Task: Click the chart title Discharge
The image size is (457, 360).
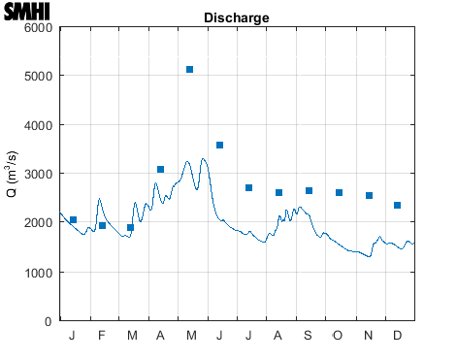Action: [237, 18]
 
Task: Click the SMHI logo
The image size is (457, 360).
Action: [27, 13]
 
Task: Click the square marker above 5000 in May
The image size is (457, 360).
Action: [190, 70]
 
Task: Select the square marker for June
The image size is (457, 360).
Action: [220, 146]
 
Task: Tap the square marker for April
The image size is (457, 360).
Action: [161, 170]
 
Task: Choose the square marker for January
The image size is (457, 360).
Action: [73, 220]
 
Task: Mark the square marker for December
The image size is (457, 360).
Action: [398, 206]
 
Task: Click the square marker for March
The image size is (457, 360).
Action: [131, 228]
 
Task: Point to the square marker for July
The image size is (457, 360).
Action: [249, 188]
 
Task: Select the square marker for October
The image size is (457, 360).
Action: [339, 193]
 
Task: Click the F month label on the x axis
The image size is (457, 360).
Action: [102, 336]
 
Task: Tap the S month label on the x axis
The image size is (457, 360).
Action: [309, 336]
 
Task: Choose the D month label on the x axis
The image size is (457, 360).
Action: [398, 336]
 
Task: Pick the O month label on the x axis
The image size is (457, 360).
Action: [339, 336]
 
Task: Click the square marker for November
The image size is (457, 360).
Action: [369, 196]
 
